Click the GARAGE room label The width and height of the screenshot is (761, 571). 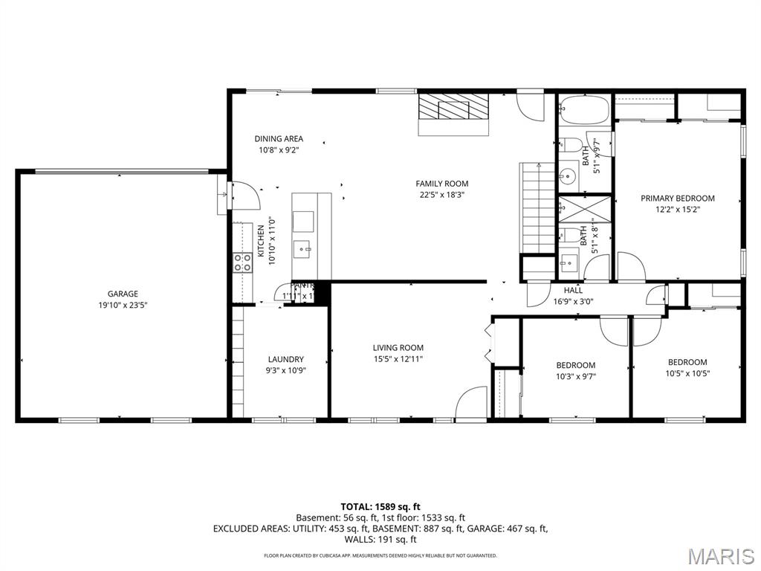[123, 294]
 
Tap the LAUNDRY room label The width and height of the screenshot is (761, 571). [285, 360]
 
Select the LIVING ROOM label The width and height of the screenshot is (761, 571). [398, 348]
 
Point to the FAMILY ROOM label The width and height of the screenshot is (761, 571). [441, 184]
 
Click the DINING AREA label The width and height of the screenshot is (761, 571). [279, 139]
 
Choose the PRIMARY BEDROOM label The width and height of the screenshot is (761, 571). [678, 199]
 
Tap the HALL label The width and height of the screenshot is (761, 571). [573, 291]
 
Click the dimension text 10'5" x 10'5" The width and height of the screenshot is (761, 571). [687, 374]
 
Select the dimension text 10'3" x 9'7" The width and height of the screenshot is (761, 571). [576, 376]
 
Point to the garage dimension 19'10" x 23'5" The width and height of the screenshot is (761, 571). [123, 305]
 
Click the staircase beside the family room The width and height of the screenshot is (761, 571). [537, 208]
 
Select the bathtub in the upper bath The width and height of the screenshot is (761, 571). [583, 110]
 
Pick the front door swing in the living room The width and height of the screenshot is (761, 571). [471, 403]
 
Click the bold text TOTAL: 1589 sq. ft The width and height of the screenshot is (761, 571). [380, 507]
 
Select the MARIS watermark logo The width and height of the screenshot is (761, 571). [720, 555]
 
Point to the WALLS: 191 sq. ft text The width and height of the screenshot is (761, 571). [380, 539]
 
